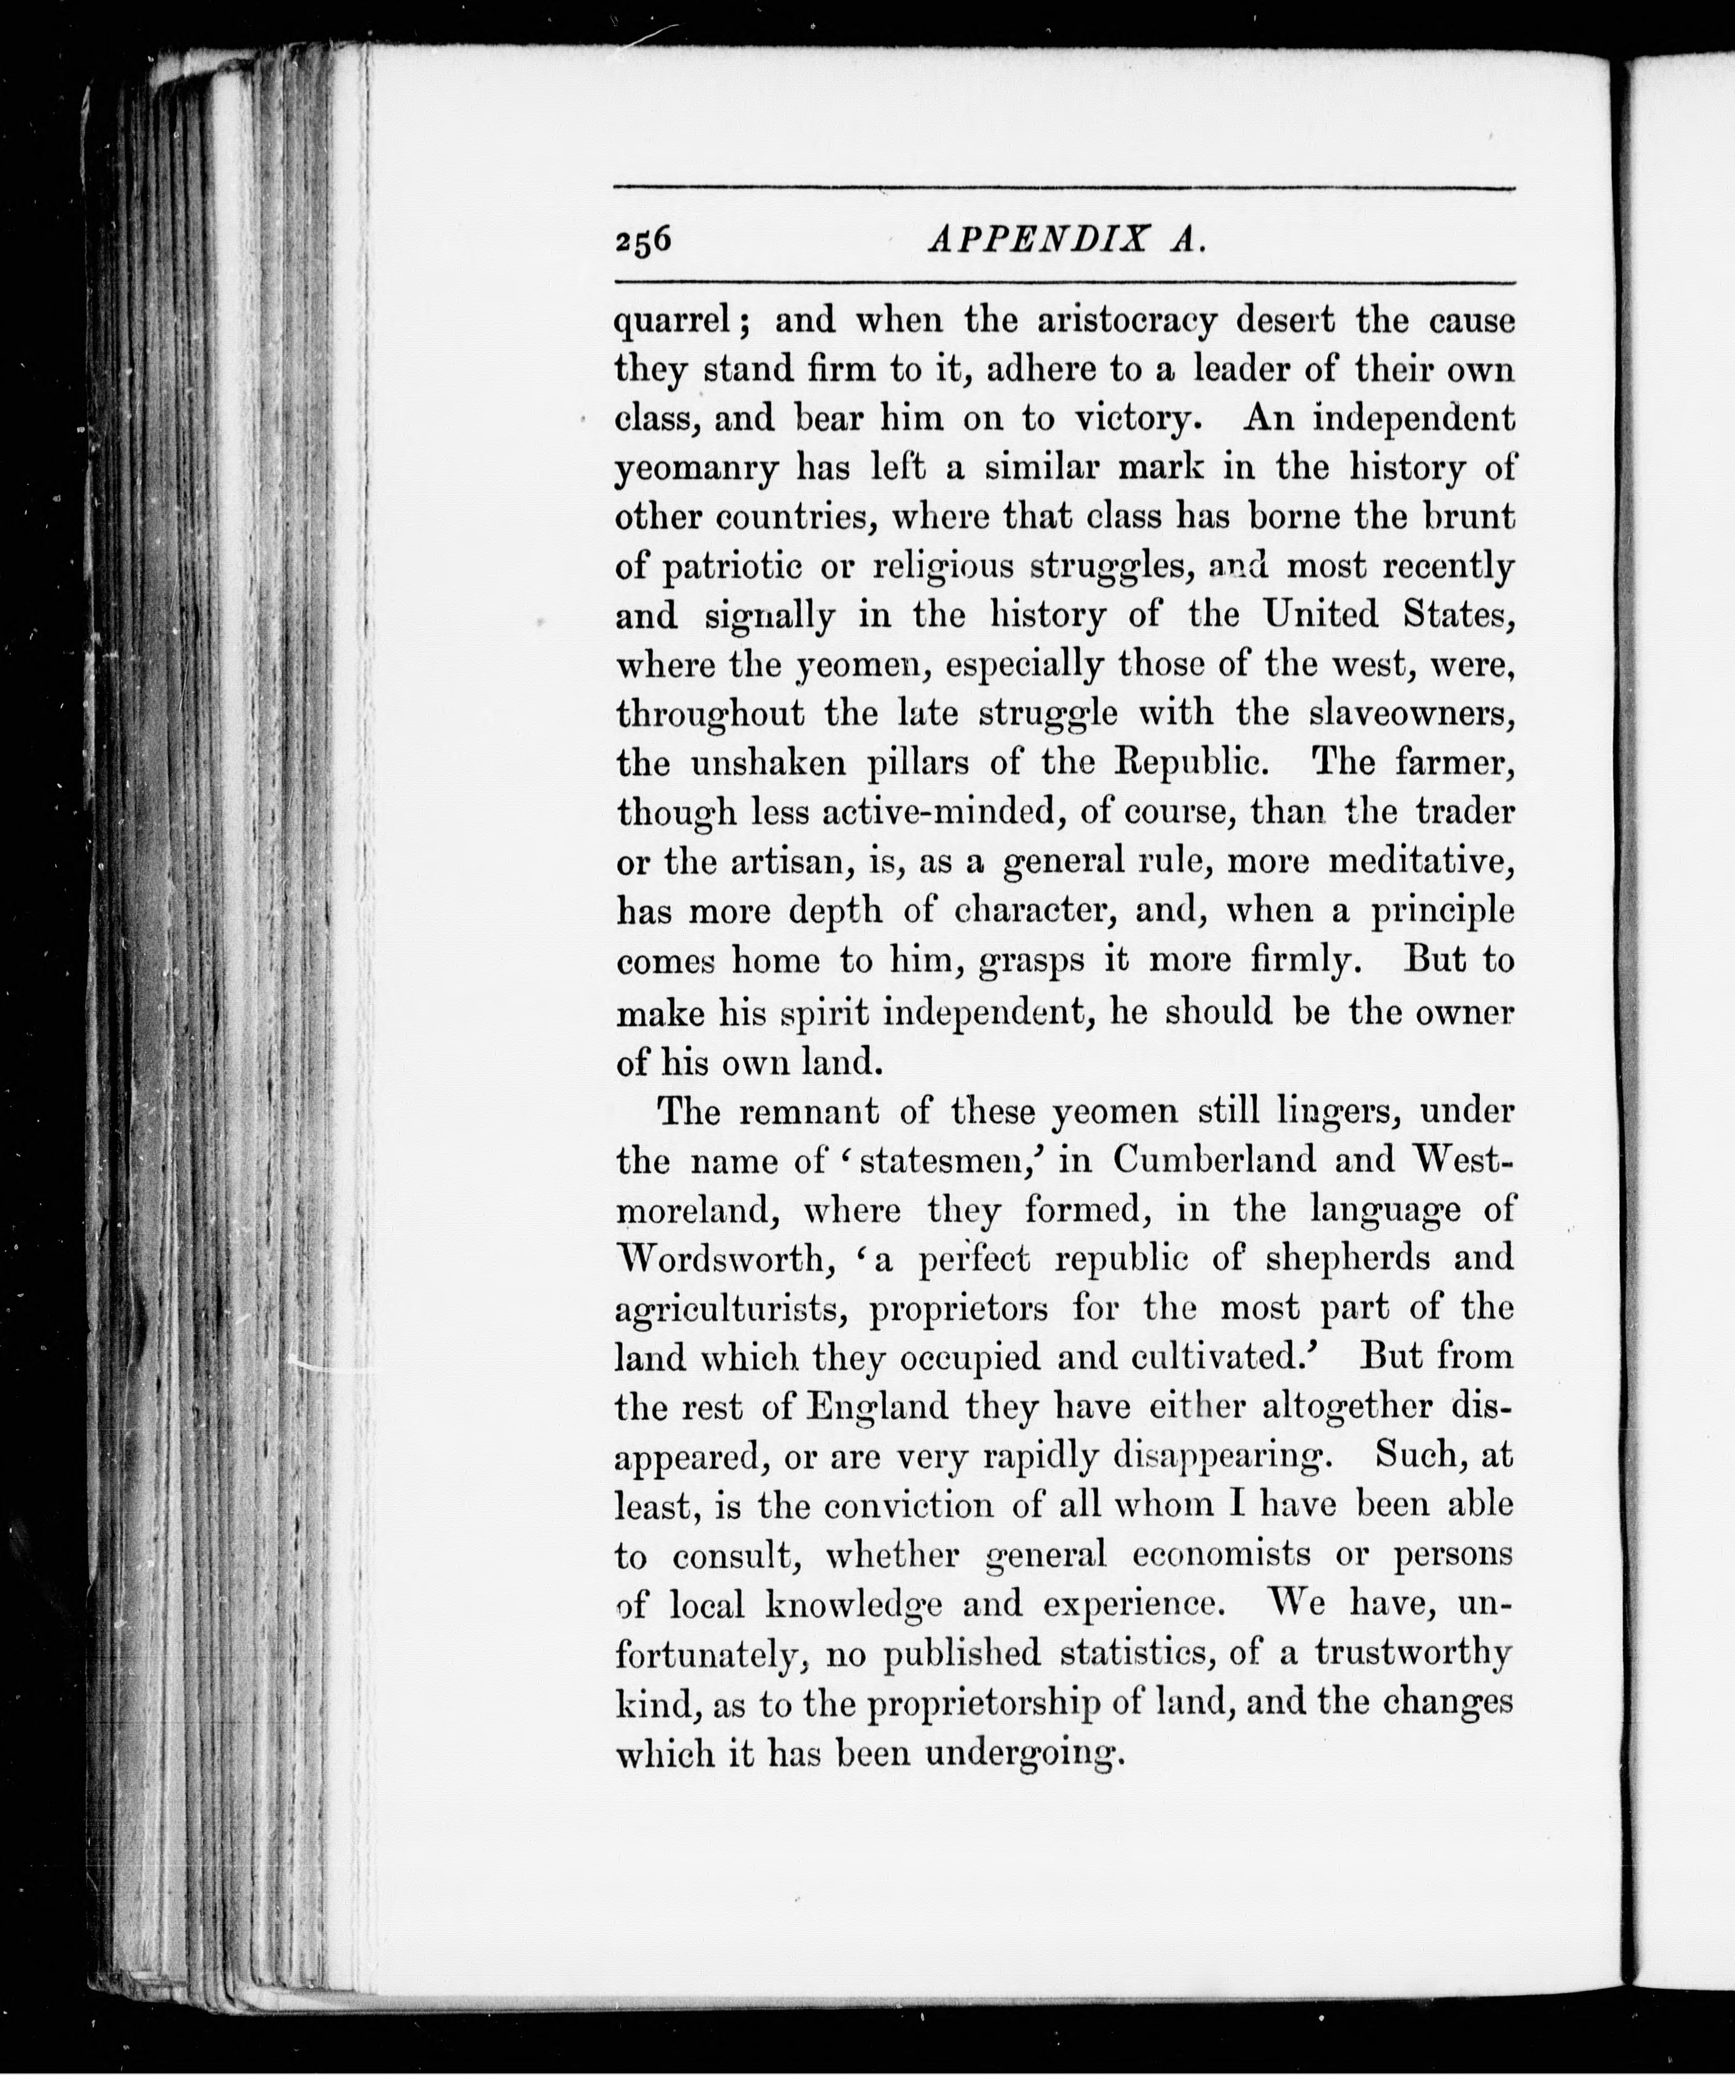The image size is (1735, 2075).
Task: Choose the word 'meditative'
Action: point(1419,861)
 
